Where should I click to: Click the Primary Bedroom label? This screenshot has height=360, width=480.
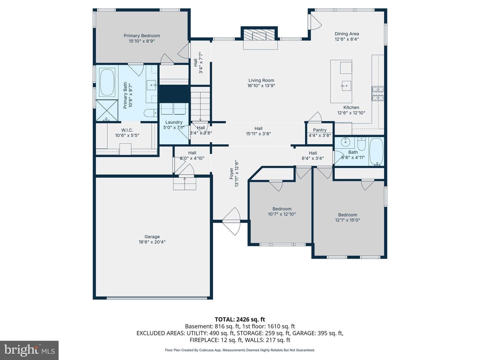[142, 36]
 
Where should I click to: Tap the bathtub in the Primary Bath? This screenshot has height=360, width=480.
[107, 82]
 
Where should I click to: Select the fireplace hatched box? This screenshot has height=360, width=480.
[259, 35]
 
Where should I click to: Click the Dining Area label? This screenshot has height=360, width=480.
[347, 34]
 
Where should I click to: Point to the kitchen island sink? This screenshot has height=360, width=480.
[346, 86]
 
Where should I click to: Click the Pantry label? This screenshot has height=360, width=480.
[319, 130]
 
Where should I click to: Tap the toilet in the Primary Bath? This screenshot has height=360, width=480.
[151, 113]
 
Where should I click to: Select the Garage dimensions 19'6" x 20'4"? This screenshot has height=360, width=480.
[152, 242]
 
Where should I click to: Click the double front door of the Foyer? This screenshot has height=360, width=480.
[232, 221]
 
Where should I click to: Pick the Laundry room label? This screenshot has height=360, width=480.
[174, 122]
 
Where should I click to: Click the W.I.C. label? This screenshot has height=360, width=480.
[127, 130]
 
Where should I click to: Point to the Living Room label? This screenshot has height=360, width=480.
[261, 80]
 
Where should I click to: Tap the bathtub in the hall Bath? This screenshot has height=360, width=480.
[376, 151]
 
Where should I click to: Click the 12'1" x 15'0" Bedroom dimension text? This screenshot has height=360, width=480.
[347, 220]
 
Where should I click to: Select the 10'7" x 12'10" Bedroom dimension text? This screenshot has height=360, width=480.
[282, 214]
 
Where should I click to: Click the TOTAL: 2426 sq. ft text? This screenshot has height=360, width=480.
[240, 319]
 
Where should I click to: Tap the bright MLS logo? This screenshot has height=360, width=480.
[29, 350]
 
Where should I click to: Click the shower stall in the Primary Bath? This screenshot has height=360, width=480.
[107, 110]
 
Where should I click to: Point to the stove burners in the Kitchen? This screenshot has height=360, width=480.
[378, 94]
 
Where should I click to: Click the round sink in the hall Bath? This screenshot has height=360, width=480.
[345, 142]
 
